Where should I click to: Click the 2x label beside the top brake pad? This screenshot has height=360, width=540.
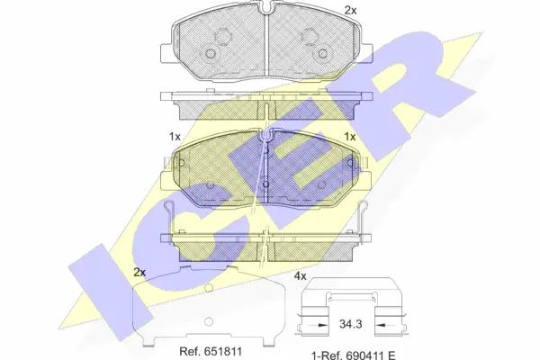[x=351, y=10]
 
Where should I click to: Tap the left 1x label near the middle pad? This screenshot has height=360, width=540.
[x=175, y=136]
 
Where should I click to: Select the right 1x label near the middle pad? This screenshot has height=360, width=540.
[x=351, y=136]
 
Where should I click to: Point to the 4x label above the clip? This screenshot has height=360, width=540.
[x=301, y=276]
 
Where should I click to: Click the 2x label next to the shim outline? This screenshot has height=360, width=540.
[x=139, y=272]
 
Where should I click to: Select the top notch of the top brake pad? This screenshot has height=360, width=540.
[x=269, y=10]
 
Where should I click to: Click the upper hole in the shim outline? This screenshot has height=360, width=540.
[x=207, y=290]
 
